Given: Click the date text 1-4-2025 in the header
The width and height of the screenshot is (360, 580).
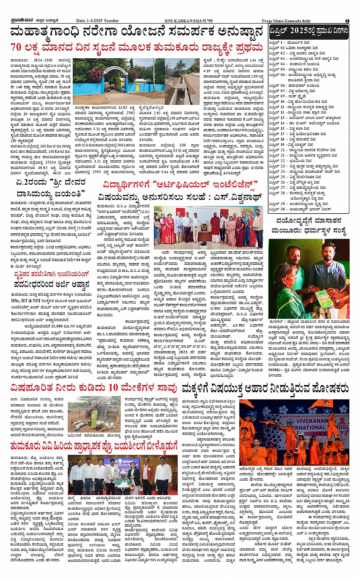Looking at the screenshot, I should [96, 21].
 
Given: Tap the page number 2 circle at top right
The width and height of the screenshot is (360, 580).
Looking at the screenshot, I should [347, 21].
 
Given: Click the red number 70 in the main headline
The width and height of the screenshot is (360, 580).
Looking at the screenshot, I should [16, 47].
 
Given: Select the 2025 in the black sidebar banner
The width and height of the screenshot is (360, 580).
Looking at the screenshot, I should [300, 30].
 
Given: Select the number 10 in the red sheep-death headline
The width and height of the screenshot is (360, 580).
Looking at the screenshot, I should [113, 388].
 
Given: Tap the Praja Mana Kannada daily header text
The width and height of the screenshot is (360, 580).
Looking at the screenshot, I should [286, 21].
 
